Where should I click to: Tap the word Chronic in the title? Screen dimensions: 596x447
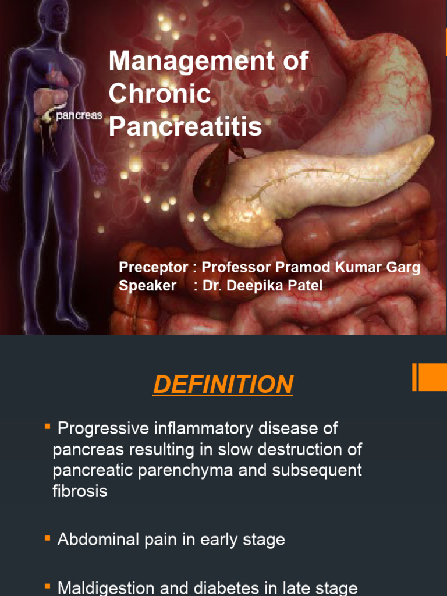(x=159, y=94)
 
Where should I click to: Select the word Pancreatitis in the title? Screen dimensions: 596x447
(x=186, y=126)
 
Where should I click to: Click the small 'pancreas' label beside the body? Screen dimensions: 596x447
(x=79, y=115)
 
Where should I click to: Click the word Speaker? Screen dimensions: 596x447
(x=147, y=285)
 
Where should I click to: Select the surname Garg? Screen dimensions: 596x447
(x=404, y=268)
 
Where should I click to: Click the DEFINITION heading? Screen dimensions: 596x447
(x=223, y=385)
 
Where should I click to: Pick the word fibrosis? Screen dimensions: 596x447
(x=80, y=491)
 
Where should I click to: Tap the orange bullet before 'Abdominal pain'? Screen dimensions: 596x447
(x=47, y=538)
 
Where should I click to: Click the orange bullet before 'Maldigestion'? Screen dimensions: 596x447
(x=47, y=586)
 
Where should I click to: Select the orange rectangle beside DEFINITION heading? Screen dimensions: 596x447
(x=431, y=378)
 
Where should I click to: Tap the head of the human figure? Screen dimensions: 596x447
(x=58, y=15)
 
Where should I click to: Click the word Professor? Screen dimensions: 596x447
(x=240, y=268)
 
